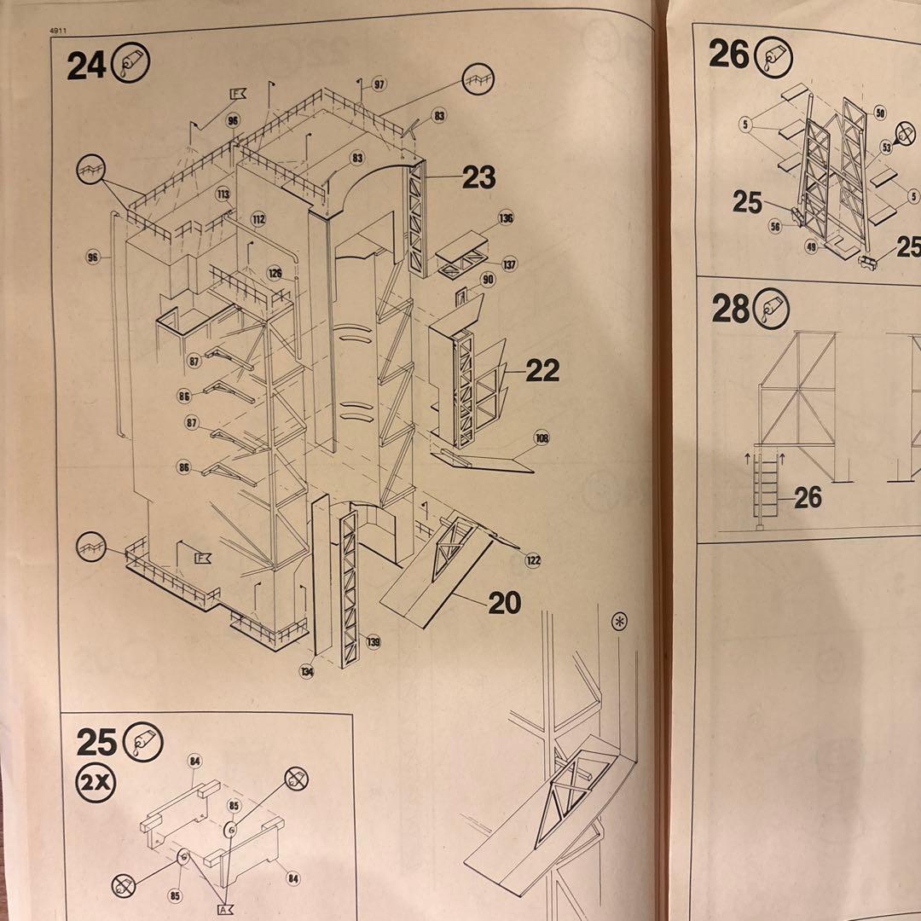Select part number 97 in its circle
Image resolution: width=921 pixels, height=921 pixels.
point(378,85)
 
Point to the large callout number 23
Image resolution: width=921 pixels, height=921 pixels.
point(478,177)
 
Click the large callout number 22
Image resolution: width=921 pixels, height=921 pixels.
point(542,370)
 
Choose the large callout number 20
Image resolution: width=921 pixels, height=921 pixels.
point(505,603)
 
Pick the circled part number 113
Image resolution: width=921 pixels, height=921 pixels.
point(223,194)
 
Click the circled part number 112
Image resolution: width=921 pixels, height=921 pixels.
point(258,219)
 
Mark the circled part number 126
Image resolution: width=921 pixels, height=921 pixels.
point(275,273)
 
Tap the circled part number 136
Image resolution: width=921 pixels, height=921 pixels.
point(507,219)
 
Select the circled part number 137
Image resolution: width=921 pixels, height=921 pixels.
point(509,264)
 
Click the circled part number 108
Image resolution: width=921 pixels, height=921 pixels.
point(542,438)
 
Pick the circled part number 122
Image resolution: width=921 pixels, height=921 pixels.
point(533,560)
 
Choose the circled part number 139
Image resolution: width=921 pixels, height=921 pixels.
point(374,642)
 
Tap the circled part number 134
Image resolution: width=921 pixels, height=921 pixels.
point(306,671)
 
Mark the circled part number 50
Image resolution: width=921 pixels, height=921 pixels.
point(880,113)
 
